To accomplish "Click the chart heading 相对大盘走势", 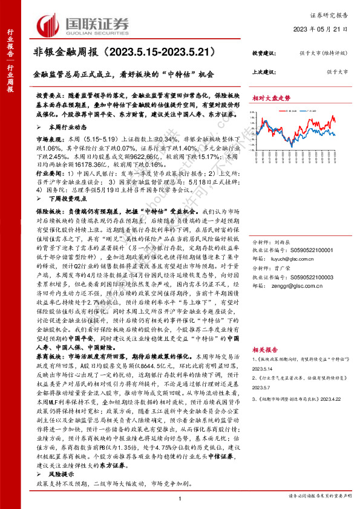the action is [x=271, y=98].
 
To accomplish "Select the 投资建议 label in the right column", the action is [x=264, y=54].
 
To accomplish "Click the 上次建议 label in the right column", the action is [x=264, y=71].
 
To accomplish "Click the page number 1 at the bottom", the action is [x=180, y=498].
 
